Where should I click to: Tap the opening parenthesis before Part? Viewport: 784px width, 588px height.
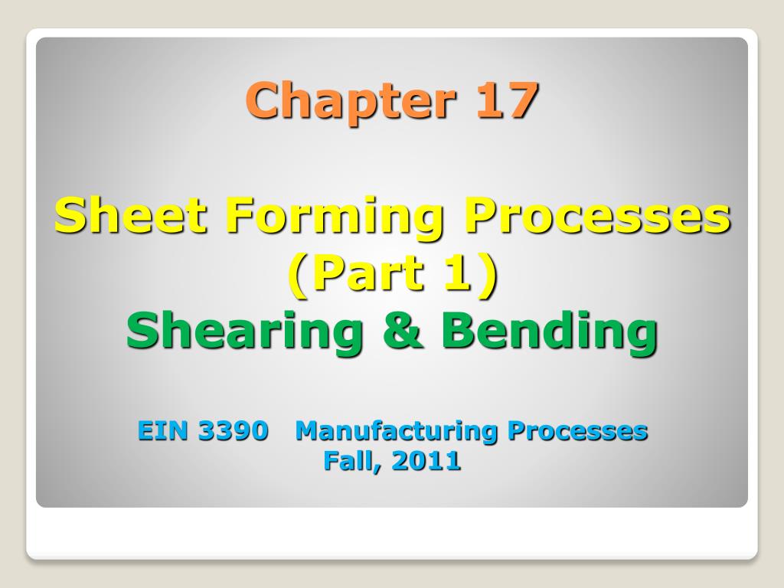pyautogui.click(x=297, y=275)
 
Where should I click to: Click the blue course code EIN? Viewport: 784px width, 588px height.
pyautogui.click(x=163, y=431)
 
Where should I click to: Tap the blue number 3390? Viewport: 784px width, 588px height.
pyautogui.click(x=234, y=431)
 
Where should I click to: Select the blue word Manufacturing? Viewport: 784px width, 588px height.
pyautogui.click(x=397, y=431)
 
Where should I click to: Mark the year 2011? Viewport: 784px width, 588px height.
pyautogui.click(x=423, y=460)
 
